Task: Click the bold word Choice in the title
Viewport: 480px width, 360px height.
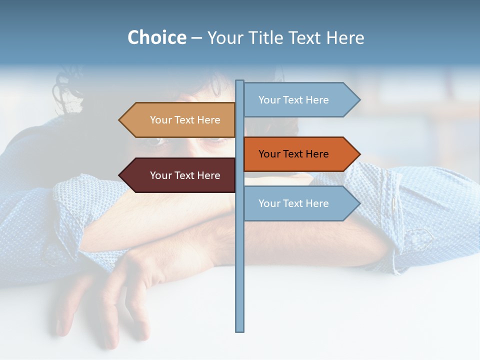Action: coord(156,37)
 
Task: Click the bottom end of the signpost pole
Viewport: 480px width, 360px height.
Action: coord(240,330)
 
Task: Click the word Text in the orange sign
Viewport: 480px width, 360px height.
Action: coord(293,154)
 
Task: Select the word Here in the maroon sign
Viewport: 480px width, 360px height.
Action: coord(208,175)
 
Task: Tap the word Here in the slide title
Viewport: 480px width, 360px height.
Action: coord(345,37)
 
